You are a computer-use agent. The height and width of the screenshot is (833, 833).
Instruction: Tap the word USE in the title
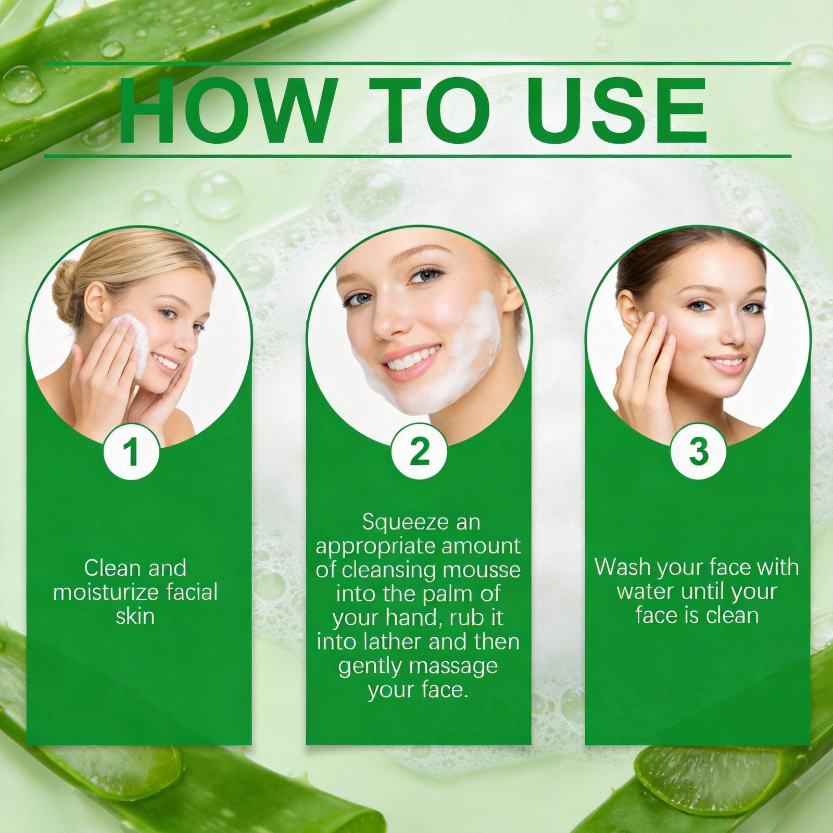[616, 110]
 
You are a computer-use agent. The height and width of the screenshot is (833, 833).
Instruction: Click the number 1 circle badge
[132, 451]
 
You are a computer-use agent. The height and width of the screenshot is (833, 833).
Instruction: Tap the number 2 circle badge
[419, 451]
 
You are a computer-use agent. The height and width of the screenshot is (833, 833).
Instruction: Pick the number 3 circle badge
[698, 451]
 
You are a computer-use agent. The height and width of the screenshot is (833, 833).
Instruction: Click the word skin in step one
[135, 616]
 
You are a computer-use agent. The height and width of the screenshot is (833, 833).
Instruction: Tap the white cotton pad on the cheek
[132, 344]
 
